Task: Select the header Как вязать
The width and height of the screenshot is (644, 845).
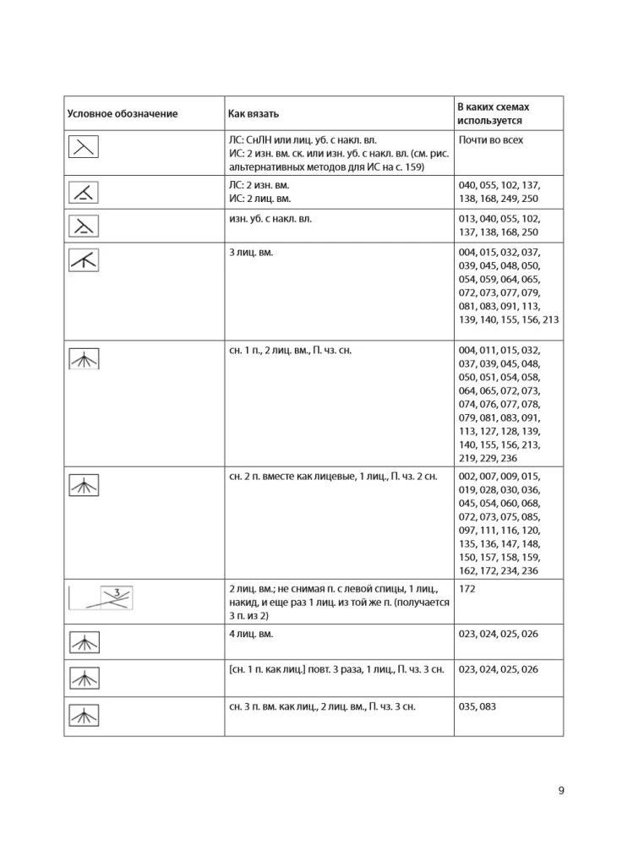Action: [254, 113]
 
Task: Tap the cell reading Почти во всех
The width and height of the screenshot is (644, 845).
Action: [489, 140]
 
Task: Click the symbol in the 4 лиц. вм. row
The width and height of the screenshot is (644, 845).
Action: [84, 639]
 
